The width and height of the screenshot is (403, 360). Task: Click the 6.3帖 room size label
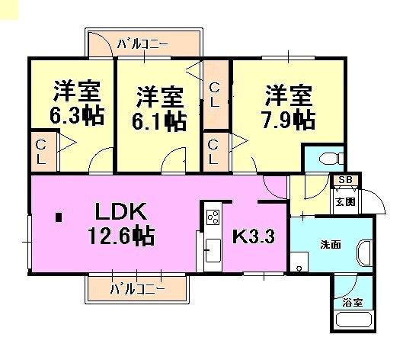point(77,115)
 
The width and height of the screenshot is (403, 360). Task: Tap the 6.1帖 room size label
point(159,121)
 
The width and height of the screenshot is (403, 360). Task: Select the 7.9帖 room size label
point(288,120)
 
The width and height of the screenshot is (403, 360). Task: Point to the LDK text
point(120,211)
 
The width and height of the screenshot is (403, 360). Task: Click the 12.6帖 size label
point(121,236)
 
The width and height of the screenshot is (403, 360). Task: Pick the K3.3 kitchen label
point(254,236)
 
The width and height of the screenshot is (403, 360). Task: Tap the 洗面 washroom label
point(331,245)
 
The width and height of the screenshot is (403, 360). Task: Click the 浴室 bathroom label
point(353,303)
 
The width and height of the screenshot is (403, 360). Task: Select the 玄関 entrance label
point(345,202)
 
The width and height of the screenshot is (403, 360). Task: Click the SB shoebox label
point(345,180)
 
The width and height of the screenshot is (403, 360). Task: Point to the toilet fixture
point(331,158)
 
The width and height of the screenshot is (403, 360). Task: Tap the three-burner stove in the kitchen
point(213,217)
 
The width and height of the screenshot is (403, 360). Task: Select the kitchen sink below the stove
point(213,250)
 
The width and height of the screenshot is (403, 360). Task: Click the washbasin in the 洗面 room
point(364,253)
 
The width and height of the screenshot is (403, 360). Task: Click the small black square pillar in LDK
point(59,217)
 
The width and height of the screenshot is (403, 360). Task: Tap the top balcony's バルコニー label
point(142,44)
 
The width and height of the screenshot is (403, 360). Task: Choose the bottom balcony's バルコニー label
point(136,289)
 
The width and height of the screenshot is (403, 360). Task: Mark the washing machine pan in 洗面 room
point(299,262)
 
